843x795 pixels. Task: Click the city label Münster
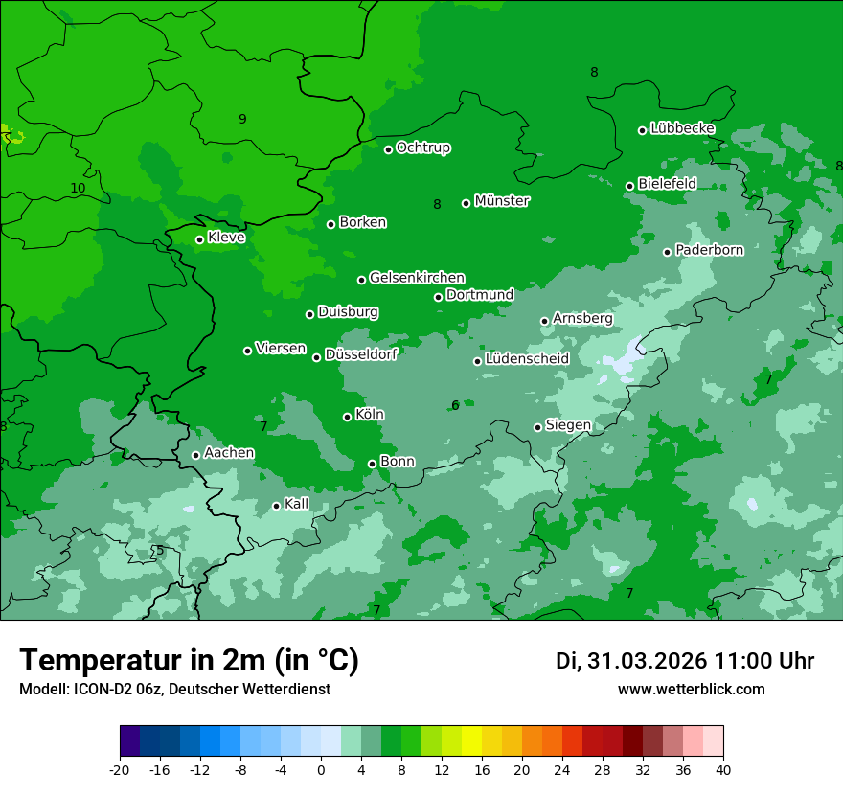502,201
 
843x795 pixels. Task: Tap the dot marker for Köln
348,417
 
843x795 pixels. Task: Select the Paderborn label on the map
710,250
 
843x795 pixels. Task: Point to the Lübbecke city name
683,128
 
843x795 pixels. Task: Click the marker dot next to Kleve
200,239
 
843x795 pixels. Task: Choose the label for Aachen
229,453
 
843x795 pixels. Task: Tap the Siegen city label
568,425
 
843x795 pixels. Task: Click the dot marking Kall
277,506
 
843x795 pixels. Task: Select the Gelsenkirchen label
417,278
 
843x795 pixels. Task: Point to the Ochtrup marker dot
389,149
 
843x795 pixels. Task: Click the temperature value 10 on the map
78,189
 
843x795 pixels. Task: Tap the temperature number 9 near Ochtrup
242,120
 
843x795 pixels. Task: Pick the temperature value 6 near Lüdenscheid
455,406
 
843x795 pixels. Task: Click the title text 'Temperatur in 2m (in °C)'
190,661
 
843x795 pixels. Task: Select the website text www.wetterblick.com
692,690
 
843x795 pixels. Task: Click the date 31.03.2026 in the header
657,661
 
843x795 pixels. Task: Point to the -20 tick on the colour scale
120,769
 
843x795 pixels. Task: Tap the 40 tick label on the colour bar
723,769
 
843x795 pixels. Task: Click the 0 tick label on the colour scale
321,769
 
